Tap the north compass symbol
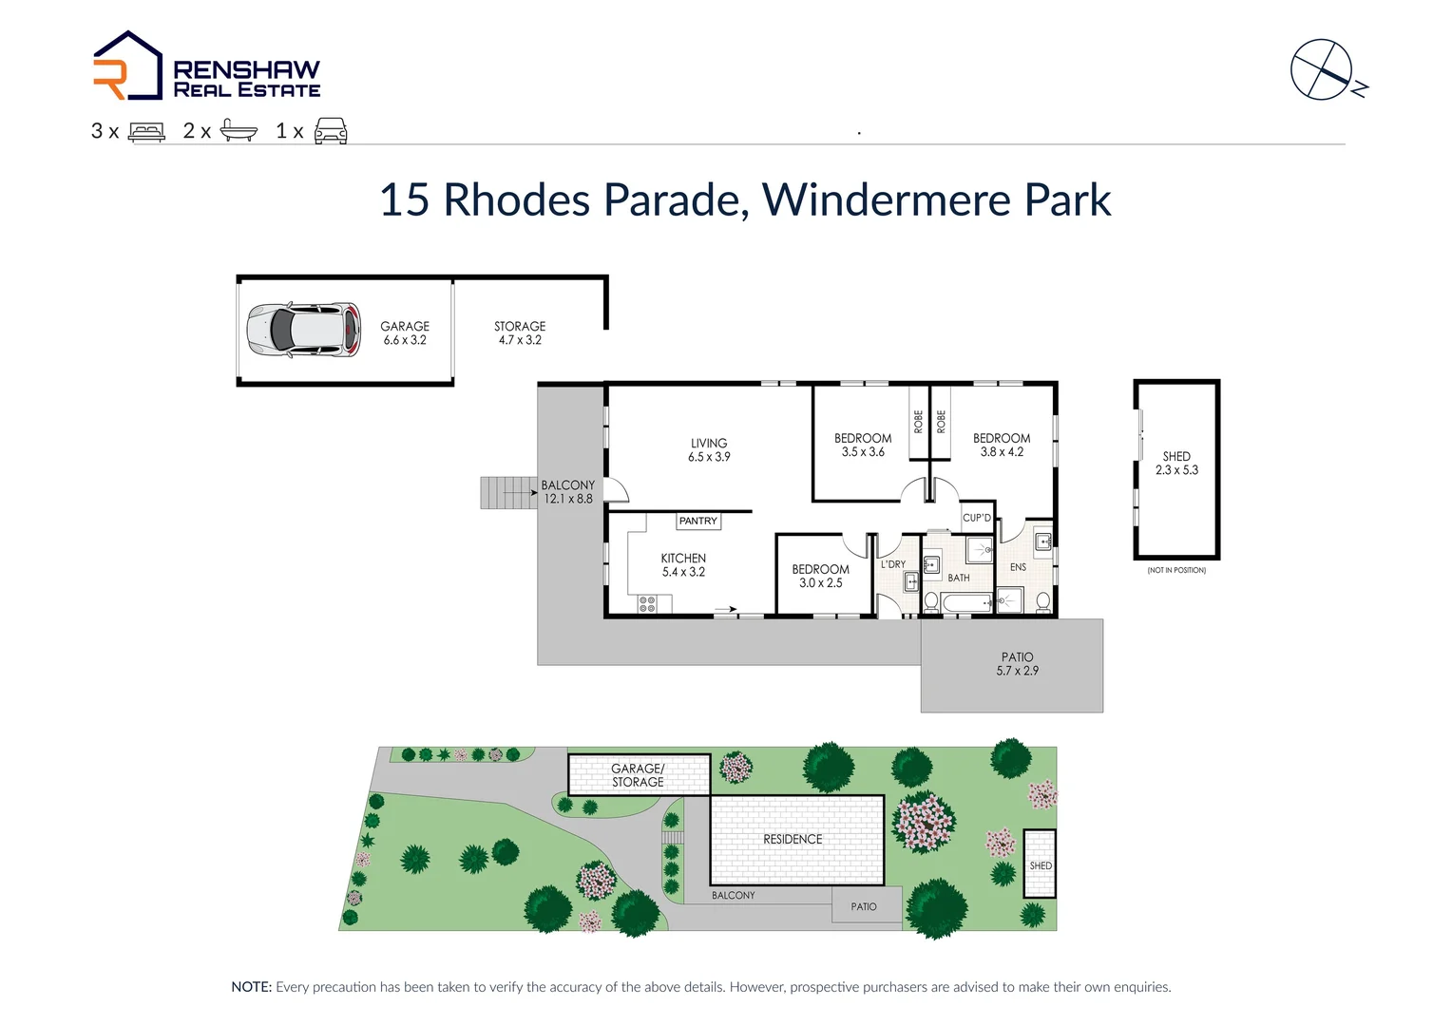pos(1322,69)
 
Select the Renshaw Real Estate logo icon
pos(127,66)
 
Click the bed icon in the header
pos(146,131)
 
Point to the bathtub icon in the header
pos(239,130)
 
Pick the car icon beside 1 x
pos(331,131)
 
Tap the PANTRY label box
pos(698,521)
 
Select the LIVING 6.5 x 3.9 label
pos(709,449)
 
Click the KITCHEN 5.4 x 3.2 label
pos(683,564)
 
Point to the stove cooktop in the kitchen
pos(647,603)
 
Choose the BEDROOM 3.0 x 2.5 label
pos(820,576)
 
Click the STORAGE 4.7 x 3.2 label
pos(520,332)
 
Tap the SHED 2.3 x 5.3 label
pos(1176,463)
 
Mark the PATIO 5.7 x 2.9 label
pos(1017,663)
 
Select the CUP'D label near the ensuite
pos(977,518)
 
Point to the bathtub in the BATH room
pos(966,602)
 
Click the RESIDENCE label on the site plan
pos(793,839)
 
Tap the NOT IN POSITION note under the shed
pos(1176,570)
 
